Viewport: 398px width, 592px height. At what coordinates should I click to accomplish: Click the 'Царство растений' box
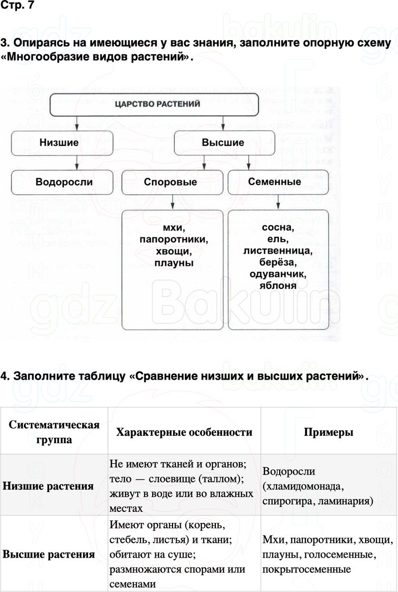(x=157, y=104)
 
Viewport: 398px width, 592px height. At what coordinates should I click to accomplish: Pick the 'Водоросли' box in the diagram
(x=64, y=182)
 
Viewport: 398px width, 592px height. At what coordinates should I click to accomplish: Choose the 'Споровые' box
(x=170, y=182)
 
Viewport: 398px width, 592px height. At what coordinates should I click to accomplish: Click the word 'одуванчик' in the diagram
(x=278, y=274)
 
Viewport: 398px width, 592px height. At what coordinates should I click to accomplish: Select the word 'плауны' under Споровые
(x=174, y=263)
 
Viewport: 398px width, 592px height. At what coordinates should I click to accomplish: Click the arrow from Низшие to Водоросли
(x=76, y=162)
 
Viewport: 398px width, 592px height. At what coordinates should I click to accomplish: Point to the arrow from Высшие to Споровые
(x=203, y=162)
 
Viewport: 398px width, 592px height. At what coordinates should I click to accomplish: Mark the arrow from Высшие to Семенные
(x=248, y=162)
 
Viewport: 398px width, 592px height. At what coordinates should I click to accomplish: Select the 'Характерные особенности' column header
(x=184, y=432)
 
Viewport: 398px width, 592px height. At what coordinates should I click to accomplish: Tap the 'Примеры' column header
(x=328, y=432)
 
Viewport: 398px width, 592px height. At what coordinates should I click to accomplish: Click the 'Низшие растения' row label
(x=48, y=486)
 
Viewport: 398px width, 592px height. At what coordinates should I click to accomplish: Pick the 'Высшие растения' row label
(x=49, y=554)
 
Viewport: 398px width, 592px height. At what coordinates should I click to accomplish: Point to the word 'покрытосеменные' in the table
(x=307, y=569)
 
